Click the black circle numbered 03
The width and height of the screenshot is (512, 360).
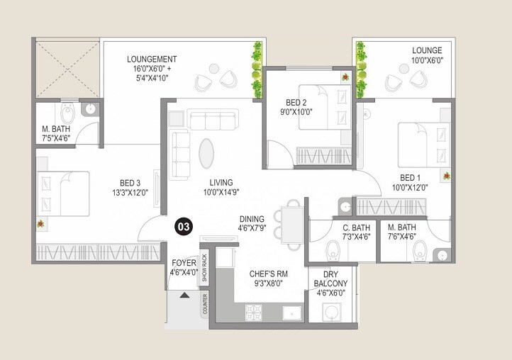click(183, 227)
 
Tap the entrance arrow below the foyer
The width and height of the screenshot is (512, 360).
click(186, 296)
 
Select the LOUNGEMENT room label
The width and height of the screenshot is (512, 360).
click(152, 59)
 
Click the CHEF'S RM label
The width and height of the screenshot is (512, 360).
click(267, 273)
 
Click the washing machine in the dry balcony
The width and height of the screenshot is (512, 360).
click(330, 312)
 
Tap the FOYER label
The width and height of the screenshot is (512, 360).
click(183, 263)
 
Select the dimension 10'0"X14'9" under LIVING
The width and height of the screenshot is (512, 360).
click(215, 192)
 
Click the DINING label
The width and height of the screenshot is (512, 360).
click(251, 218)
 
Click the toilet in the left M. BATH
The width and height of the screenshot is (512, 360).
click(67, 113)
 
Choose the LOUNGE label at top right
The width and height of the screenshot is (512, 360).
click(427, 50)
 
